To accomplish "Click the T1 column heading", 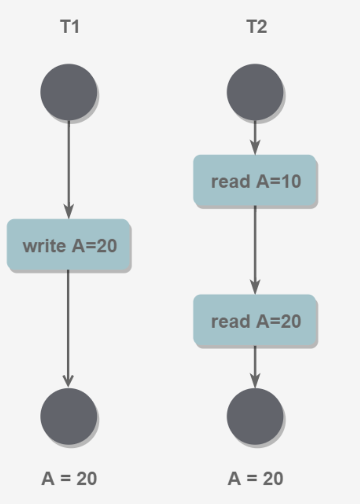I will [x=70, y=27].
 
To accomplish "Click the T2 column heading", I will [x=256, y=27].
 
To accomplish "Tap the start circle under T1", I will [x=69, y=92].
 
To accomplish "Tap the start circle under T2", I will [x=255, y=92].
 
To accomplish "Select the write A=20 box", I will [x=69, y=245].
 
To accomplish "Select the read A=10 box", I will [x=255, y=180].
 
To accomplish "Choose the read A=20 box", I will [x=255, y=320].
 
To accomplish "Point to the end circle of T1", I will [x=69, y=416].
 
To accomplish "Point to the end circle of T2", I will [x=255, y=416].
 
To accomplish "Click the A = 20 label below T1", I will [x=69, y=478].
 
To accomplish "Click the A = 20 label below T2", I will [x=256, y=478].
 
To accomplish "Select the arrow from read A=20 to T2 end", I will [x=255, y=366].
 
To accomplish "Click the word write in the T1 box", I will [x=44, y=245].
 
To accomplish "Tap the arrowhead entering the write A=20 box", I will [x=69, y=212].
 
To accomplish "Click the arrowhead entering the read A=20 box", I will [x=255, y=288].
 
